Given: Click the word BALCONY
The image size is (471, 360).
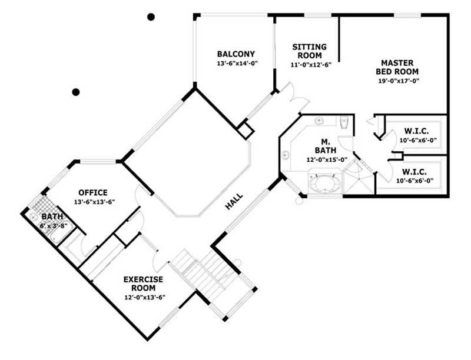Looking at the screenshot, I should pos(235,54).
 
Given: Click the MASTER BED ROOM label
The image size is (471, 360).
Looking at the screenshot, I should pos(398,67).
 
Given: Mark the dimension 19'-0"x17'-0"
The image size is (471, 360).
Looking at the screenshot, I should pos(398,81).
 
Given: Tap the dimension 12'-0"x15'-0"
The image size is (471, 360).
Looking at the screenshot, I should pos(326,159).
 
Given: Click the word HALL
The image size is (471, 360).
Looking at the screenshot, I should pos(234,203).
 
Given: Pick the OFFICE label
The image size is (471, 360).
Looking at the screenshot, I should pos(93,192).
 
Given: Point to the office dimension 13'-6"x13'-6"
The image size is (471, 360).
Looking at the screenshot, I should pos(94,202).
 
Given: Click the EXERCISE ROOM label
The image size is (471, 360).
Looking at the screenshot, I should pos(143,284).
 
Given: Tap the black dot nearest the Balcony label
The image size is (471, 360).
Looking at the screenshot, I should pos(151,17).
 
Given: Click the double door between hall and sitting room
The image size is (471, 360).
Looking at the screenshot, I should pos(288,97).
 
